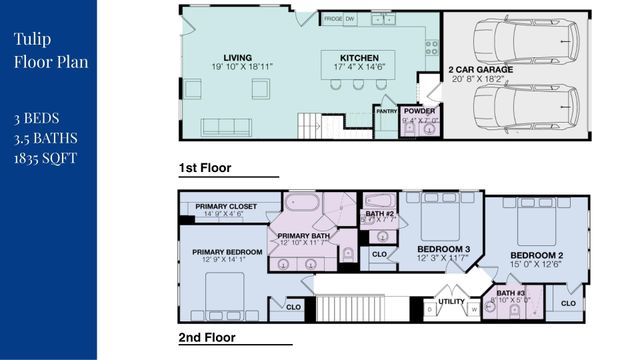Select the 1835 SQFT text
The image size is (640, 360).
coord(45,157)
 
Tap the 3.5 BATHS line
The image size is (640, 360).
coord(45,138)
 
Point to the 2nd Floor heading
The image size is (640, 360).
coord(207,337)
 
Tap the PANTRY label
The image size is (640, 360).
coord(387,112)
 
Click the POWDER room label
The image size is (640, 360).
coord(418,111)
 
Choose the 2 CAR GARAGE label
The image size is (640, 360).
coord(479,69)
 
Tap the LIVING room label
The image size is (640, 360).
coord(238,58)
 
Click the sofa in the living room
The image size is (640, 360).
coord(233,127)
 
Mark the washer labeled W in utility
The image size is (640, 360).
coord(474,310)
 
